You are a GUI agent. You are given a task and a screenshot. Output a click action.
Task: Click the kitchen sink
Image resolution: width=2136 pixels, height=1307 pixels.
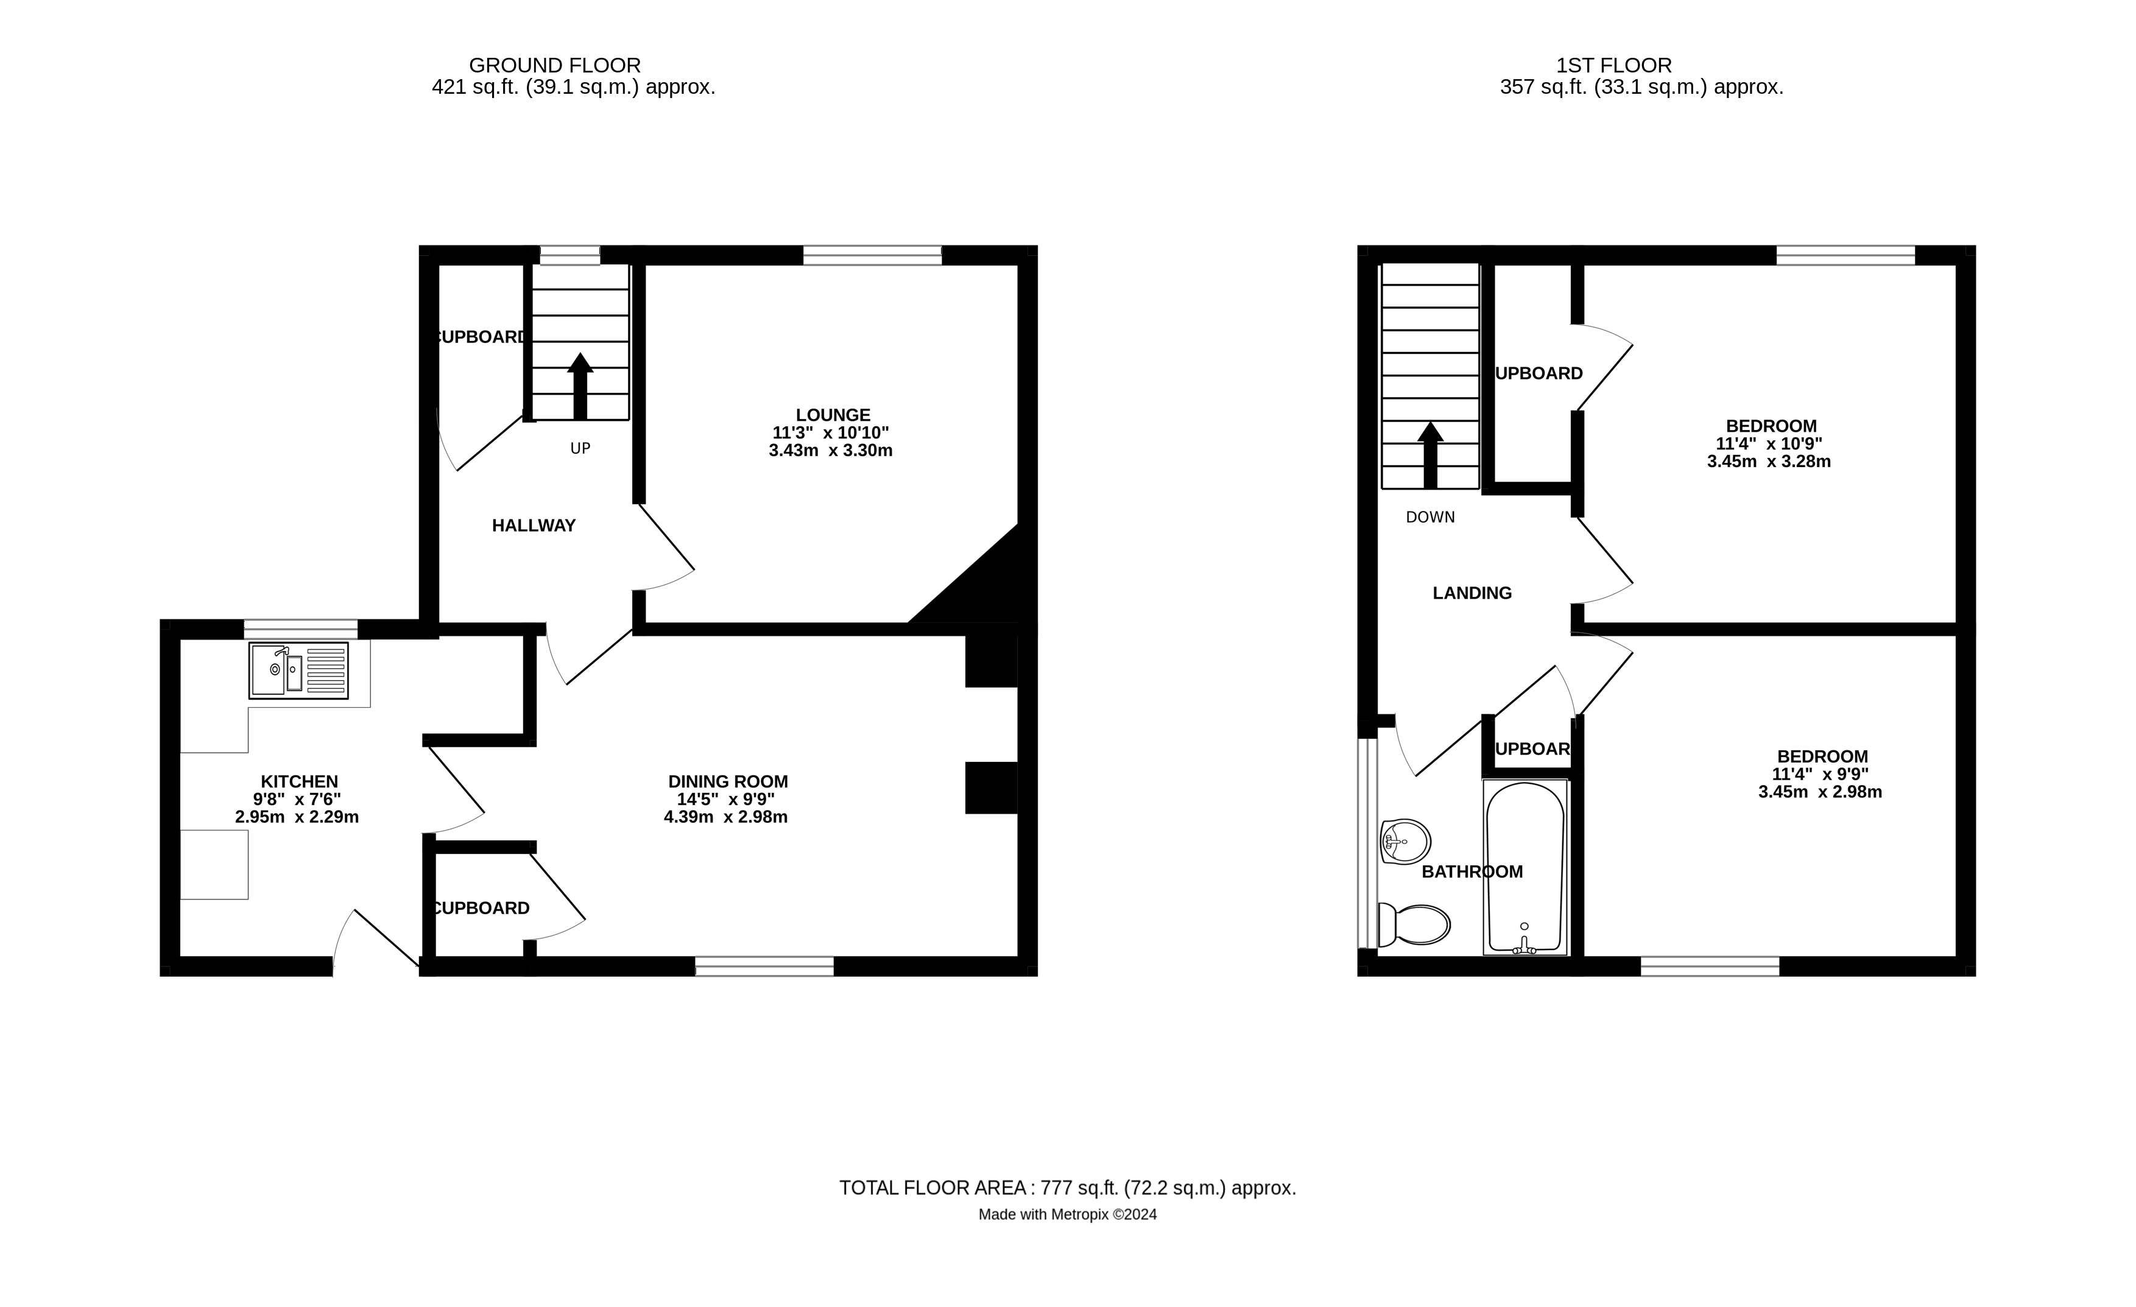coord(298,670)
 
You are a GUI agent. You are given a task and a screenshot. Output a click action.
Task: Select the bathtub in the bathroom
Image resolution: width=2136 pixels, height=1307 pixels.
coord(1525,867)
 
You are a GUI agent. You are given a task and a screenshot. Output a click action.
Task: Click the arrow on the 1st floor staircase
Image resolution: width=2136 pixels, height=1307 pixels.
coord(1430,454)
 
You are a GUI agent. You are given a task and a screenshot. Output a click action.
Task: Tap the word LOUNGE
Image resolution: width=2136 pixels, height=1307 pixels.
coord(833,415)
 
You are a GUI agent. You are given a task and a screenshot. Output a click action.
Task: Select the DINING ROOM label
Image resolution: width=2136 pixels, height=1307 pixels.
coord(728,782)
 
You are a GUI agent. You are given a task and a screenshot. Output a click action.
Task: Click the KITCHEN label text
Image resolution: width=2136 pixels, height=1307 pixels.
coord(299,782)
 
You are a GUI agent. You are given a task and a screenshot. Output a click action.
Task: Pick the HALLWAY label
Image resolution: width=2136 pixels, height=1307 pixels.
coord(534,525)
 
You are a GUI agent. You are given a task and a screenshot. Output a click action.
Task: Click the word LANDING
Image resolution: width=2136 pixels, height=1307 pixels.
coord(1472,593)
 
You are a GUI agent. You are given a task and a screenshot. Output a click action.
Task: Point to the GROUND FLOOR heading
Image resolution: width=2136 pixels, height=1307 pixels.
coord(555,65)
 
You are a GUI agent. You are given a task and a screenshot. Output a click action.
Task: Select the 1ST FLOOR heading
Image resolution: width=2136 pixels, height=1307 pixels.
coord(1614,65)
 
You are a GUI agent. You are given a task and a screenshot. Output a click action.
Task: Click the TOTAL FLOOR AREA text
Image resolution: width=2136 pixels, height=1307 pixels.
coord(1067,1188)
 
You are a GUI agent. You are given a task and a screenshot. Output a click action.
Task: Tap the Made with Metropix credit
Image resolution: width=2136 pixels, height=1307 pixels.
coord(1067,1215)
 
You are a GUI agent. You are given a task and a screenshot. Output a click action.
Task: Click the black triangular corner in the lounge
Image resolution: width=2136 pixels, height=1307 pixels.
coord(989,590)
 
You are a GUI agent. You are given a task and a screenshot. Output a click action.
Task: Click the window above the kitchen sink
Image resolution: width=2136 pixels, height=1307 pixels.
coord(301,629)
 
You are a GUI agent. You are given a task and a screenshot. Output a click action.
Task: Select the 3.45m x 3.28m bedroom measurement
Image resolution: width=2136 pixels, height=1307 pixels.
coord(1769,462)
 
